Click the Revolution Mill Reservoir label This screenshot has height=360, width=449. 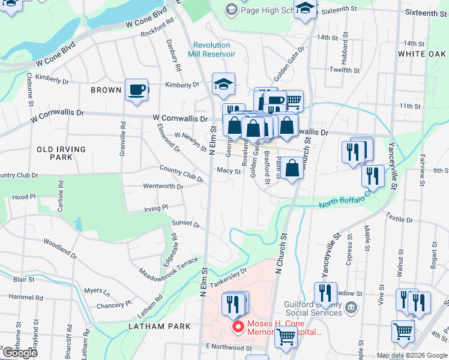point(211,49)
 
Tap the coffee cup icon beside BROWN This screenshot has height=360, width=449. point(136,91)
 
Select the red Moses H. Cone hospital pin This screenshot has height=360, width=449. point(238,327)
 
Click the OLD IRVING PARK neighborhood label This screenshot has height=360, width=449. point(61,153)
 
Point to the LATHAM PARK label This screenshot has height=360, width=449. point(160,326)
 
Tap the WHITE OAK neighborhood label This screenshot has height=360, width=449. point(421,54)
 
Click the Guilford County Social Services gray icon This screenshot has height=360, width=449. point(352,308)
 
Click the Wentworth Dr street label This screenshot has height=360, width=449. point(163,187)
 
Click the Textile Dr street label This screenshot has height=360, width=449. point(400,218)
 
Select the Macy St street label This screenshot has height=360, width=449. point(229,171)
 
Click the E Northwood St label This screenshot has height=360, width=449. point(229,347)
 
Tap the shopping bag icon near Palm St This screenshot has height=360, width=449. point(292,169)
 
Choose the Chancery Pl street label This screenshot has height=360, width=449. point(111,305)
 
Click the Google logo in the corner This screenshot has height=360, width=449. point(20,353)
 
